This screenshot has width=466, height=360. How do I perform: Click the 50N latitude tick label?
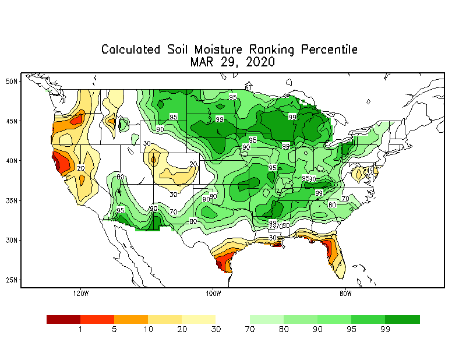(12, 81)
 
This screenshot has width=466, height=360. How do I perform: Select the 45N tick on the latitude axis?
(12, 121)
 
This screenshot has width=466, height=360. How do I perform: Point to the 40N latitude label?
(12, 160)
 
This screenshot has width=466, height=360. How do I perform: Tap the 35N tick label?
(12, 200)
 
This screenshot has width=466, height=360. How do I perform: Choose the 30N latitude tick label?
(12, 240)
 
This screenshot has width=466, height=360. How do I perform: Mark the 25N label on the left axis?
(12, 280)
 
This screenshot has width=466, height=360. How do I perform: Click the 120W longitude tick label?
(81, 293)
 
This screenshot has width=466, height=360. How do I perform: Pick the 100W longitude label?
(213, 293)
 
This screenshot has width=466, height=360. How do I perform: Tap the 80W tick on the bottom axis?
(345, 293)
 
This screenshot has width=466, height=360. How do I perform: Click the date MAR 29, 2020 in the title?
(232, 62)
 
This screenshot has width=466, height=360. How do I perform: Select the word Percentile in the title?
(329, 50)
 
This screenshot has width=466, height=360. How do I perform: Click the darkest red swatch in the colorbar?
(63, 319)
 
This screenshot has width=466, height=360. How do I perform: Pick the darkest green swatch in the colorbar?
(403, 319)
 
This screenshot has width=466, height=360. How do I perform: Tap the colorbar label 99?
(386, 330)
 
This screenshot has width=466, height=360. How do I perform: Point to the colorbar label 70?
(250, 330)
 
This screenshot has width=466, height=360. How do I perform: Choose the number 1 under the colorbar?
(80, 330)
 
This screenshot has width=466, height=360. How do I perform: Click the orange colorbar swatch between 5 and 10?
(131, 319)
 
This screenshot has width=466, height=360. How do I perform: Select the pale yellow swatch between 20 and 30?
(199, 319)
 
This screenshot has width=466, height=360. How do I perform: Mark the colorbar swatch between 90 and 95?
(334, 319)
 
